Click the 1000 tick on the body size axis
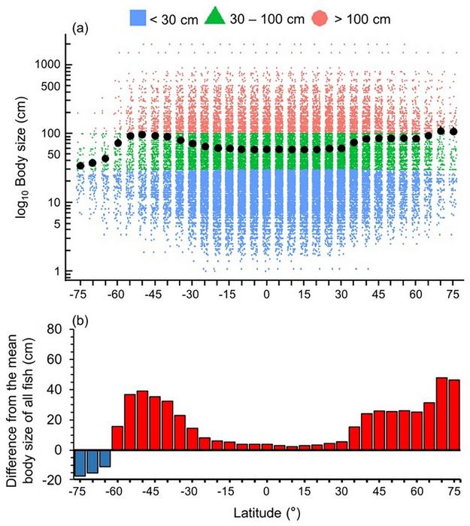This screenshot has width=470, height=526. [47, 65]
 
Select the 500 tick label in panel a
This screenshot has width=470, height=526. [50, 86]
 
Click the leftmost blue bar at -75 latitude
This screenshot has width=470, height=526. [80, 463]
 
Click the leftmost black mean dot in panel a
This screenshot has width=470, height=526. [80, 165]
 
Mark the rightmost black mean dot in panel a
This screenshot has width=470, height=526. [453, 131]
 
